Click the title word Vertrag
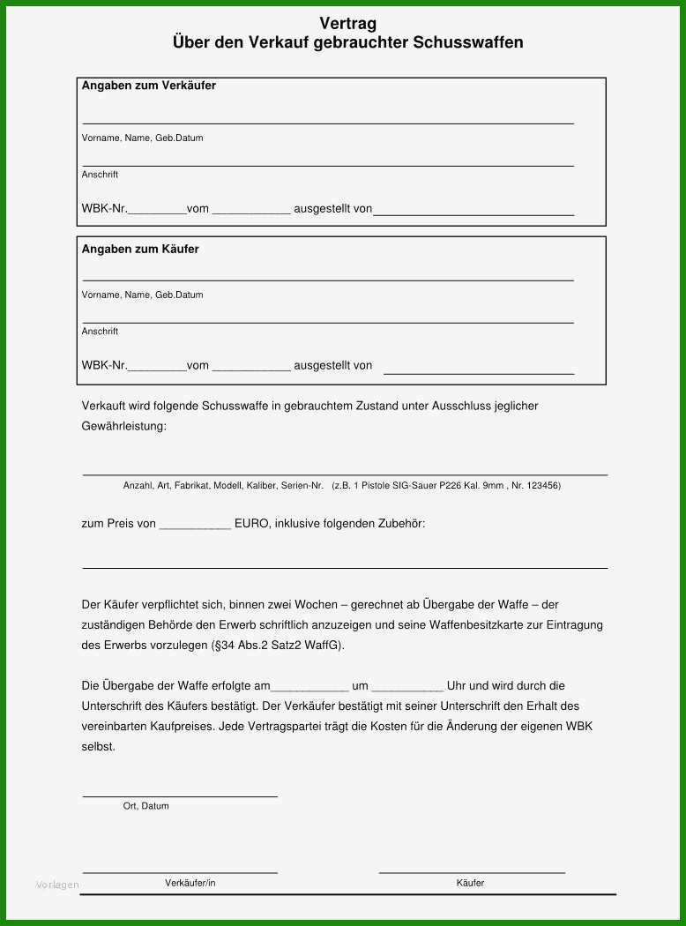click(x=347, y=25)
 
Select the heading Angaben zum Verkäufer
click(x=149, y=86)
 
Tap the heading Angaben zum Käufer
click(x=140, y=249)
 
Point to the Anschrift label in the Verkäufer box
click(x=100, y=175)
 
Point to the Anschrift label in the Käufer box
click(x=100, y=332)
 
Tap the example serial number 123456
click(x=542, y=486)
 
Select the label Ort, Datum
click(x=145, y=806)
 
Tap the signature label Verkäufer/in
click(x=190, y=883)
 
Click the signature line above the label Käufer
click(x=472, y=873)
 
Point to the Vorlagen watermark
click(x=57, y=885)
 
